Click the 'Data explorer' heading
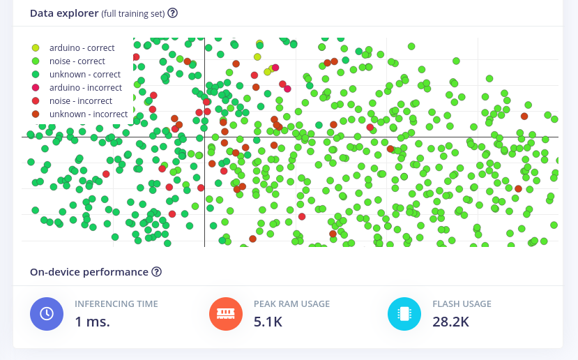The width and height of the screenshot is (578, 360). pos(64,13)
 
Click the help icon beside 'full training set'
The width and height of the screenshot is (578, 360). pos(173,13)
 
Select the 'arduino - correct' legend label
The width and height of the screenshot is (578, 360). pos(82,48)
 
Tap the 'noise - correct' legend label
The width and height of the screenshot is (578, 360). pos(77,61)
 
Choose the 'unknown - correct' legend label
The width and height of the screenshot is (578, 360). pos(85,75)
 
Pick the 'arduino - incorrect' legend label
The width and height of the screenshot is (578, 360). pos(85,88)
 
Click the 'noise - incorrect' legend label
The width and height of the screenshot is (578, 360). pos(80,101)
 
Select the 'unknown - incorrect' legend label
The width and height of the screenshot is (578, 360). pos(89,114)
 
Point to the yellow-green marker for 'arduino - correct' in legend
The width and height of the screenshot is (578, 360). pos(36,48)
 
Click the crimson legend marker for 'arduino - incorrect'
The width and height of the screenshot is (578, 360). pos(36,88)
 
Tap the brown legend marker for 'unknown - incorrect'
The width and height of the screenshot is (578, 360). pos(36,114)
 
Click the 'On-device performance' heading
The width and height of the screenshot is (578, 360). pos(89,272)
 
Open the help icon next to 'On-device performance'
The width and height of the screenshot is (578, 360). pos(157,272)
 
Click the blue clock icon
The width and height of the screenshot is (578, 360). pos(47,314)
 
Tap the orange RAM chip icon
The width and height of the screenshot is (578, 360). pos(226,314)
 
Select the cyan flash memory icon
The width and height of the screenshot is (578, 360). pos(404,314)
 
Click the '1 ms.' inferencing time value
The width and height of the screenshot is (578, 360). pos(92,322)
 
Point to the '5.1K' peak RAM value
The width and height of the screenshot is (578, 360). pos(268,322)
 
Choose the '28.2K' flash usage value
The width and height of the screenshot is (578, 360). pos(450,322)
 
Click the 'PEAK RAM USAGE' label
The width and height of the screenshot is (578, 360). pos(291,304)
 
